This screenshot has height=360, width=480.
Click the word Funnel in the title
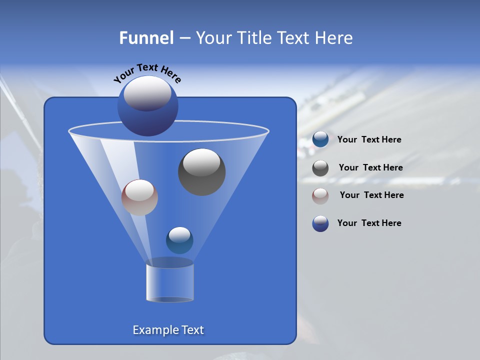tap(146, 38)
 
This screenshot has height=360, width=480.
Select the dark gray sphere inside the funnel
tap(201, 172)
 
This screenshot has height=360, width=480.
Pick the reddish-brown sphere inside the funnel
tap(139, 197)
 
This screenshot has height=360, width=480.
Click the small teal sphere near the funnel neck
tap(179, 240)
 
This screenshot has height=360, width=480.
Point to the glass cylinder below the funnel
tap(169, 283)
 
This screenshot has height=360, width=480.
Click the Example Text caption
tap(168, 330)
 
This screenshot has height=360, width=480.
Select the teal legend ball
tap(320, 139)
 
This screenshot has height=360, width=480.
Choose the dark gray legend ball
tap(320, 168)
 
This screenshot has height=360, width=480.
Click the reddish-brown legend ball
tap(320, 195)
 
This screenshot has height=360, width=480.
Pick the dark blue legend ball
tap(320, 223)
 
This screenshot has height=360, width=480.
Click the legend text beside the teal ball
tap(369, 140)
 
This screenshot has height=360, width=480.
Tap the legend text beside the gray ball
tap(370, 168)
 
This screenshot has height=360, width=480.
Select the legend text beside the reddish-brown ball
tap(371, 195)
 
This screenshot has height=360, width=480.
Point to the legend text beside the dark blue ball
tap(369, 223)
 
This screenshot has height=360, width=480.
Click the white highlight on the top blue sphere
tap(147, 93)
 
